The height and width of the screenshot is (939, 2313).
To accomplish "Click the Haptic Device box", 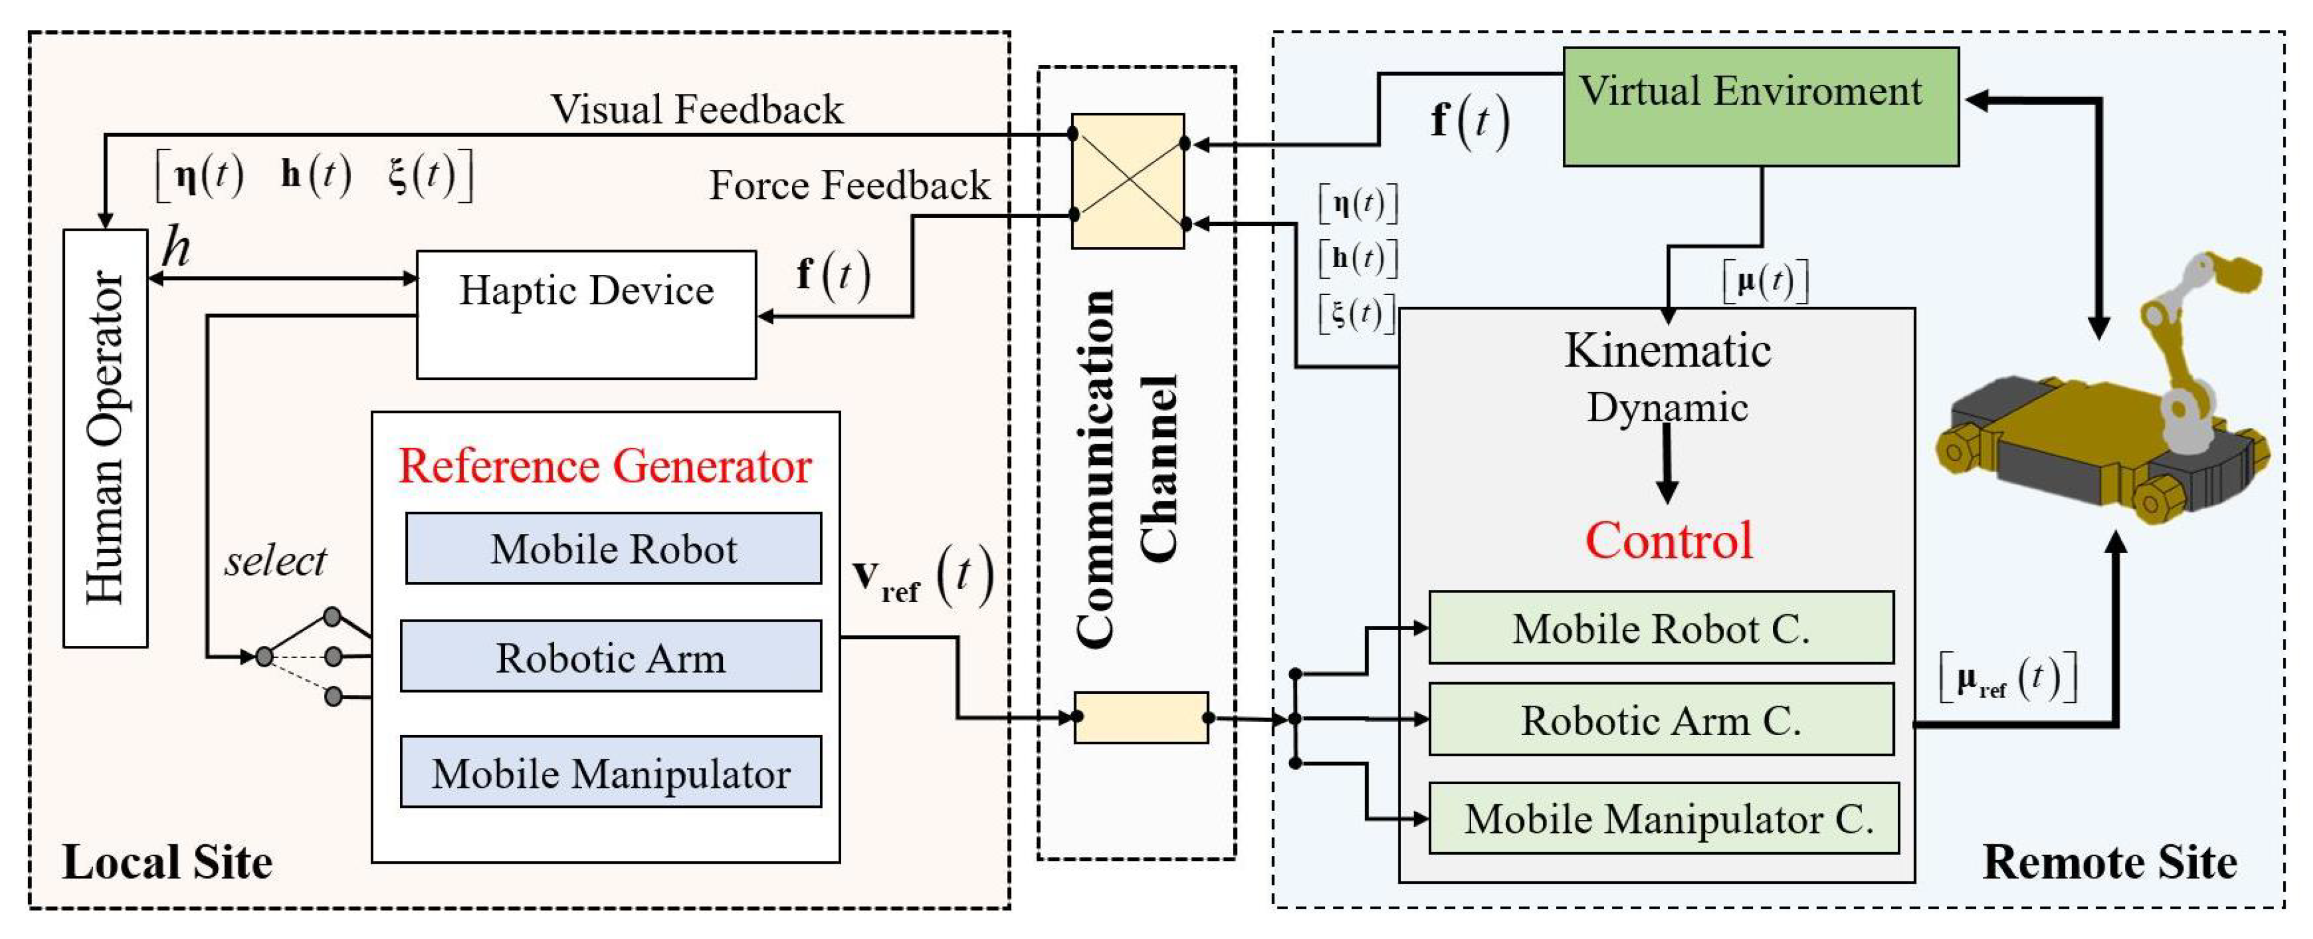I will [x=586, y=314].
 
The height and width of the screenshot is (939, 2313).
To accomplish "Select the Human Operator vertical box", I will [x=105, y=438].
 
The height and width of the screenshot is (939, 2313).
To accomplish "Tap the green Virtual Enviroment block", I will [x=1760, y=107].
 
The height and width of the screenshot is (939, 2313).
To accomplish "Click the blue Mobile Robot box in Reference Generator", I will [x=613, y=549].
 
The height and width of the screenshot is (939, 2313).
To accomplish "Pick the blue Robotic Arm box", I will [x=611, y=656].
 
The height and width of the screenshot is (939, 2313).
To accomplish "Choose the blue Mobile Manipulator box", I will [x=611, y=772].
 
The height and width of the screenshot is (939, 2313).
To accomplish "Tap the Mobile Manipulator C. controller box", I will [x=1663, y=818].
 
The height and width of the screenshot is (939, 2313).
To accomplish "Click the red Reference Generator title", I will [x=604, y=466].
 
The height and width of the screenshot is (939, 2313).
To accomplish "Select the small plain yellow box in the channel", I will [x=1140, y=717].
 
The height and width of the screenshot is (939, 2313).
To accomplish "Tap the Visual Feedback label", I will [x=697, y=109].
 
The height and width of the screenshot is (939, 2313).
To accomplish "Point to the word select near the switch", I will [x=275, y=562].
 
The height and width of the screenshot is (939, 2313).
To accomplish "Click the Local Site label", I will [x=167, y=862].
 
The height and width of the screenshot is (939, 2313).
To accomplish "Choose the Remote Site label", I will [x=2108, y=862].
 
